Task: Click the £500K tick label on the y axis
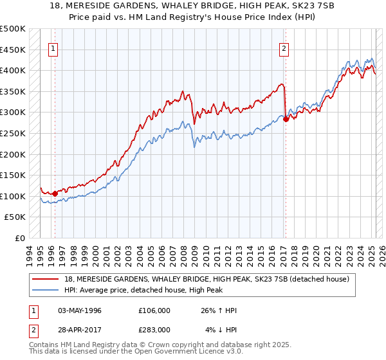[13, 29]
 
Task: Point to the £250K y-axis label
[13, 133]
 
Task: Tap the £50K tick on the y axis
[15, 217]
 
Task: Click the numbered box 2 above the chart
[284, 47]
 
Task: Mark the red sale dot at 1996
[55, 193]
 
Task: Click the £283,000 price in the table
[154, 329]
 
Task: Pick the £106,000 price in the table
[154, 310]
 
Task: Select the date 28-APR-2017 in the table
[79, 329]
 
